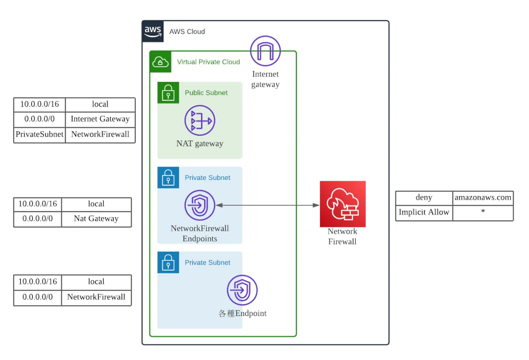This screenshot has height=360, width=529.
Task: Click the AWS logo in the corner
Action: coord(153,31)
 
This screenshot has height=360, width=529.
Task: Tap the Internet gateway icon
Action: coord(265,51)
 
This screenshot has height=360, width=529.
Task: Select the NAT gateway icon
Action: coord(200,120)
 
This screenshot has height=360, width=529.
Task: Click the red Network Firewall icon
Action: coord(343,204)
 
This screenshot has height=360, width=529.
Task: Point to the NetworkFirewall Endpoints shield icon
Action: coord(200,205)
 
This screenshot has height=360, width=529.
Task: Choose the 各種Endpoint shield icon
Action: coord(242,290)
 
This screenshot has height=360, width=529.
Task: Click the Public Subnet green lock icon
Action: coord(168,93)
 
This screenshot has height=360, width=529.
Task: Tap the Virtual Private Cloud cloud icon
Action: coord(160,62)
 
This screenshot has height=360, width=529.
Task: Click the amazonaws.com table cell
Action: coord(483,198)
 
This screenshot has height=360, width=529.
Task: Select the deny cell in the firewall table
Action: coord(424,198)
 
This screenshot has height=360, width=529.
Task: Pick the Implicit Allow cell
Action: coord(424,212)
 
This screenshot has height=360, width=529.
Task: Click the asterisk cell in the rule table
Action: coord(483,212)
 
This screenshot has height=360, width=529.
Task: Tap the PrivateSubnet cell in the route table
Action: coord(40,134)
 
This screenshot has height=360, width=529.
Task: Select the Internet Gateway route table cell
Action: coord(100,119)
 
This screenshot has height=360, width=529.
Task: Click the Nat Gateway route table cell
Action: coord(96,219)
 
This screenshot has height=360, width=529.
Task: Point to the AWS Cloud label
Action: coord(187,32)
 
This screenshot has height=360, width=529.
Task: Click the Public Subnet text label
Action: coord(206,93)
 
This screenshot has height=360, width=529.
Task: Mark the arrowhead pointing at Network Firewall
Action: coord(316,205)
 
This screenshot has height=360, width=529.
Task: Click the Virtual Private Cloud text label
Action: coord(208,62)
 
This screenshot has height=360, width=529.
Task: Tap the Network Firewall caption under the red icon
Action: coord(342,236)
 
